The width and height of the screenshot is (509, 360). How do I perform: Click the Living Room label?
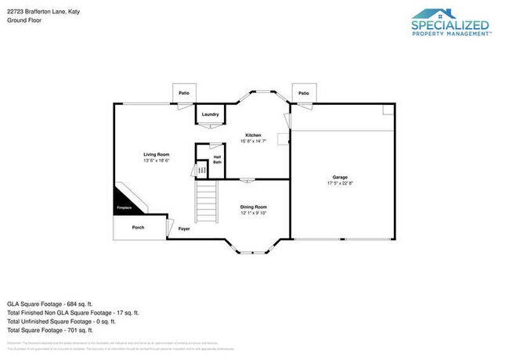[x=156, y=154]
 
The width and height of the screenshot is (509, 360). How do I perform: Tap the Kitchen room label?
[x=254, y=135]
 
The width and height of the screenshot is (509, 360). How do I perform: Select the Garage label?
[x=340, y=178]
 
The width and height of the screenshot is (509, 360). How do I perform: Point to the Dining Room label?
[x=253, y=207]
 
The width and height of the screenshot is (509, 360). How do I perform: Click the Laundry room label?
[x=210, y=114]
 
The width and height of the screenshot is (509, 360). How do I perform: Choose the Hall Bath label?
[x=217, y=160]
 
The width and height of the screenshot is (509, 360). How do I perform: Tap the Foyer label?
[x=184, y=229]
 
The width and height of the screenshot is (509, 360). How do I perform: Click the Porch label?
[x=138, y=228]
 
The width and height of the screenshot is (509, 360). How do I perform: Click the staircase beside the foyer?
[x=205, y=202]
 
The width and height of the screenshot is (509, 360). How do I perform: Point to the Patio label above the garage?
[x=303, y=93]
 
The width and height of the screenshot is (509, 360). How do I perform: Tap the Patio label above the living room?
[x=183, y=93]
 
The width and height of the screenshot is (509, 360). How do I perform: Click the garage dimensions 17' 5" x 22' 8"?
[x=340, y=183]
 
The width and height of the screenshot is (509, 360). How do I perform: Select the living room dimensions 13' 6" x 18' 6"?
[x=156, y=160]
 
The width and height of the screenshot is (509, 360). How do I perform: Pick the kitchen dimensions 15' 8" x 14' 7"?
[x=254, y=141]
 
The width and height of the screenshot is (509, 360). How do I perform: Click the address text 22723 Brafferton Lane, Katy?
[x=39, y=12]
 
